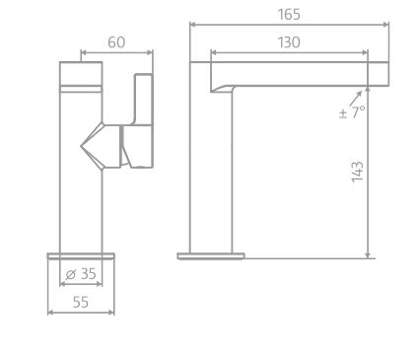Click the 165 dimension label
[x=289, y=15]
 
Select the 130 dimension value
[x=289, y=41]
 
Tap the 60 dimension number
[x=117, y=41]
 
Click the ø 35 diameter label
[x=81, y=274]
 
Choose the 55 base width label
[x=81, y=302]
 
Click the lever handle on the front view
[x=142, y=118]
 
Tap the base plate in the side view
[x=210, y=256]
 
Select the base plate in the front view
[x=81, y=256]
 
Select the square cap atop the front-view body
[x=81, y=74]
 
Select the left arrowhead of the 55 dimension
[x=50, y=313]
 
